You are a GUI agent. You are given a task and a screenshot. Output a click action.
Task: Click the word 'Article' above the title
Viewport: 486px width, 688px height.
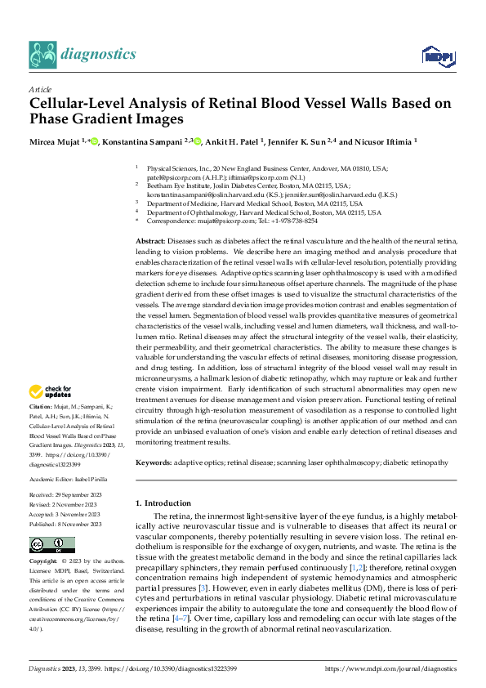[x=40, y=88]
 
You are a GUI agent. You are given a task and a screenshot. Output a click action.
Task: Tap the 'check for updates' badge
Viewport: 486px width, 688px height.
[x=53, y=393]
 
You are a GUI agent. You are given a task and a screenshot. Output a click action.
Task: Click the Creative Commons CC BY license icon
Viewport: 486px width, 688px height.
[x=52, y=545]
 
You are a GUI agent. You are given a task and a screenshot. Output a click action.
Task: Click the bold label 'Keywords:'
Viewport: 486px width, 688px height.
[x=153, y=462]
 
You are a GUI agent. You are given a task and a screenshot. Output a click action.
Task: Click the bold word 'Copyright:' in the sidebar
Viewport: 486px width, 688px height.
[x=43, y=563]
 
